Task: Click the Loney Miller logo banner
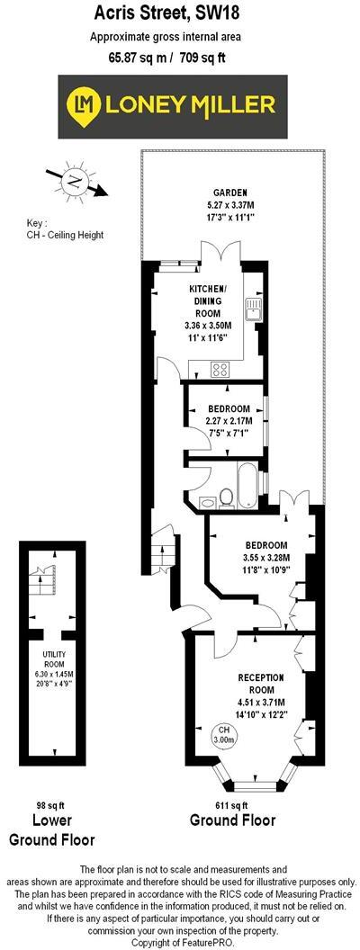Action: tap(179, 106)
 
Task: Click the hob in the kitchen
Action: tap(220, 367)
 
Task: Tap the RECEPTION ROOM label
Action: tap(261, 683)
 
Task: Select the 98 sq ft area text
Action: tap(49, 805)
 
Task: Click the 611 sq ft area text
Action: tap(231, 805)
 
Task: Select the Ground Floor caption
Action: tap(232, 820)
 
